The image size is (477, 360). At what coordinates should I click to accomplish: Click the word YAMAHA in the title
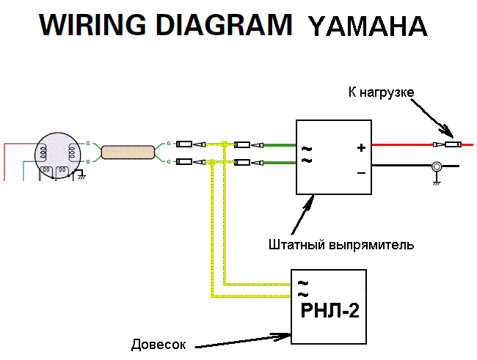pos(368,26)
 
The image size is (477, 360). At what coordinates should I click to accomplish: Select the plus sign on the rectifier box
pos(360,147)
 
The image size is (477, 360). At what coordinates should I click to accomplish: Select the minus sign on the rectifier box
pos(360,173)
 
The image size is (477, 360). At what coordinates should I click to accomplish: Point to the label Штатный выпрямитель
pos(341,244)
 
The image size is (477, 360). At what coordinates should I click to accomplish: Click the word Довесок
pos(159,344)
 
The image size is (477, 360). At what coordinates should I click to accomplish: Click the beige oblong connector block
pos(128,152)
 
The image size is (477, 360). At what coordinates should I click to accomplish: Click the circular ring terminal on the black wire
pos(436,167)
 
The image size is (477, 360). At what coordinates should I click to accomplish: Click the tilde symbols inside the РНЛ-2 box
pos(302,287)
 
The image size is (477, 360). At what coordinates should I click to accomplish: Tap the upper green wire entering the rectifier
pos(279,144)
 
